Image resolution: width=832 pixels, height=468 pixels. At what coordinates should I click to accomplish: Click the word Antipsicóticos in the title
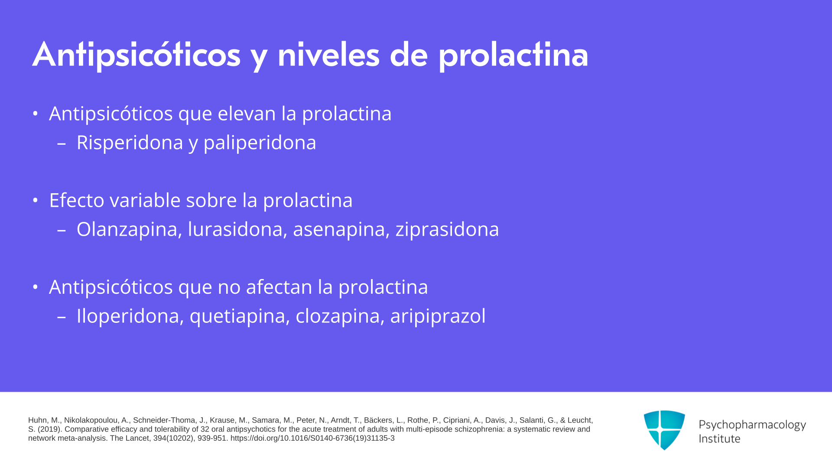point(136,55)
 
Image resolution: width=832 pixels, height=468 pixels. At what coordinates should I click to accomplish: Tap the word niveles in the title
point(328,55)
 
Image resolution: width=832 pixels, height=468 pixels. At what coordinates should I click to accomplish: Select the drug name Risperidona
point(130,143)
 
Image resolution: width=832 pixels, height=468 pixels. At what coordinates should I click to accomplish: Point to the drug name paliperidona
point(260,143)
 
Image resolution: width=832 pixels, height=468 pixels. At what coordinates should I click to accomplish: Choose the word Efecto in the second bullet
point(77,200)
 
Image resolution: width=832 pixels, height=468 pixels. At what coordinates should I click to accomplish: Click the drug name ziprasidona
point(447,229)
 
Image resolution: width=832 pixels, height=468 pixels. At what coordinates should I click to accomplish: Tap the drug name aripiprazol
point(438,316)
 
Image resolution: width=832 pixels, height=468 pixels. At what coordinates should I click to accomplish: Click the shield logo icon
point(664,430)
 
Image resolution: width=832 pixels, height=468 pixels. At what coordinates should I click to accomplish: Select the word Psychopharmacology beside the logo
point(752,425)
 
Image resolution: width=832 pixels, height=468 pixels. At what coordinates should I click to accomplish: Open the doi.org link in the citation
point(312,438)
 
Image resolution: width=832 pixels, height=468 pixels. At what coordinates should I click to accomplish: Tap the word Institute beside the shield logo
point(720,439)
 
